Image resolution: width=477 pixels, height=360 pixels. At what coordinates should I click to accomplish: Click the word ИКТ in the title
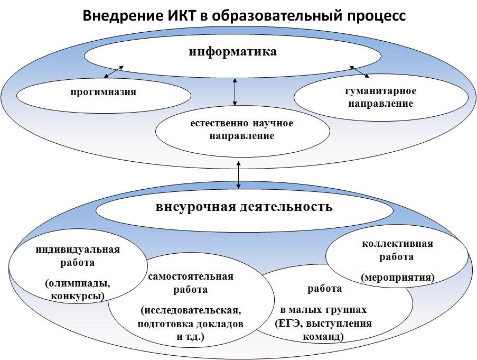click(182, 16)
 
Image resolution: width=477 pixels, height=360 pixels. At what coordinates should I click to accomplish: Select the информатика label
click(233, 52)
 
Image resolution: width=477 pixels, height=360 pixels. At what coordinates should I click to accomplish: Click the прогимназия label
click(104, 93)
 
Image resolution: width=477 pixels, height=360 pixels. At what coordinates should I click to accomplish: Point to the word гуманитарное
click(381, 91)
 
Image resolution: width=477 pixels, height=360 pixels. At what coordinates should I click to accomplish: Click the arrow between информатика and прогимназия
click(114, 71)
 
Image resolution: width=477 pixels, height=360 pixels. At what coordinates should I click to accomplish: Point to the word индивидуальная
click(78, 250)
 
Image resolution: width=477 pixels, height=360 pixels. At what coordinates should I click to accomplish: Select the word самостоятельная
click(191, 276)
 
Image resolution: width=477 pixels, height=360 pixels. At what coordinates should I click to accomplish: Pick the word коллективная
click(397, 244)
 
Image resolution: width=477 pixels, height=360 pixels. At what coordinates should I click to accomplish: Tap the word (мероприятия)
click(397, 277)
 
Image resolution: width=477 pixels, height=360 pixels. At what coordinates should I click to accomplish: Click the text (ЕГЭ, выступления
click(324, 323)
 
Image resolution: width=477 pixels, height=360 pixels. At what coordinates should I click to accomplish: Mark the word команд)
click(324, 336)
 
